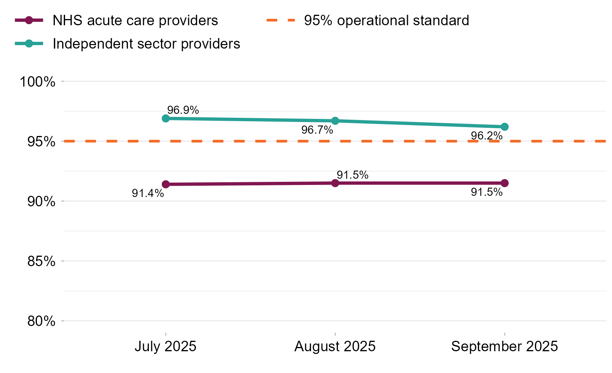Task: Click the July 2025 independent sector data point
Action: click(x=166, y=118)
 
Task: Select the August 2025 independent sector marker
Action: click(x=335, y=121)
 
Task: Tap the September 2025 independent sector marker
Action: click(x=505, y=127)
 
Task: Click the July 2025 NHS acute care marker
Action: click(x=166, y=184)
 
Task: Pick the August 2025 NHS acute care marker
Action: click(x=335, y=183)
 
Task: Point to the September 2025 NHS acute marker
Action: click(x=505, y=183)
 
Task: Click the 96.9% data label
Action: click(x=183, y=110)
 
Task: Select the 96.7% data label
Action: click(x=317, y=130)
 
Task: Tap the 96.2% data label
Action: click(x=486, y=136)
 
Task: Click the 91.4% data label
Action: click(x=148, y=193)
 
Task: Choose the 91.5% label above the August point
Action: click(x=352, y=175)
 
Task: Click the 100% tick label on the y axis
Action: click(x=37, y=82)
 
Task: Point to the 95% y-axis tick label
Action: click(x=41, y=142)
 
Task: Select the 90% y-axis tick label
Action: click(x=41, y=202)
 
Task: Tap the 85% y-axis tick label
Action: click(x=41, y=261)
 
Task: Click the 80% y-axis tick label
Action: click(x=41, y=321)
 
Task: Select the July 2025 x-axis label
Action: click(x=166, y=346)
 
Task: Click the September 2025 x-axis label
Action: click(x=504, y=346)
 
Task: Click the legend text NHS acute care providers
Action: click(x=135, y=21)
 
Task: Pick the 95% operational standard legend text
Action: click(x=386, y=21)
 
